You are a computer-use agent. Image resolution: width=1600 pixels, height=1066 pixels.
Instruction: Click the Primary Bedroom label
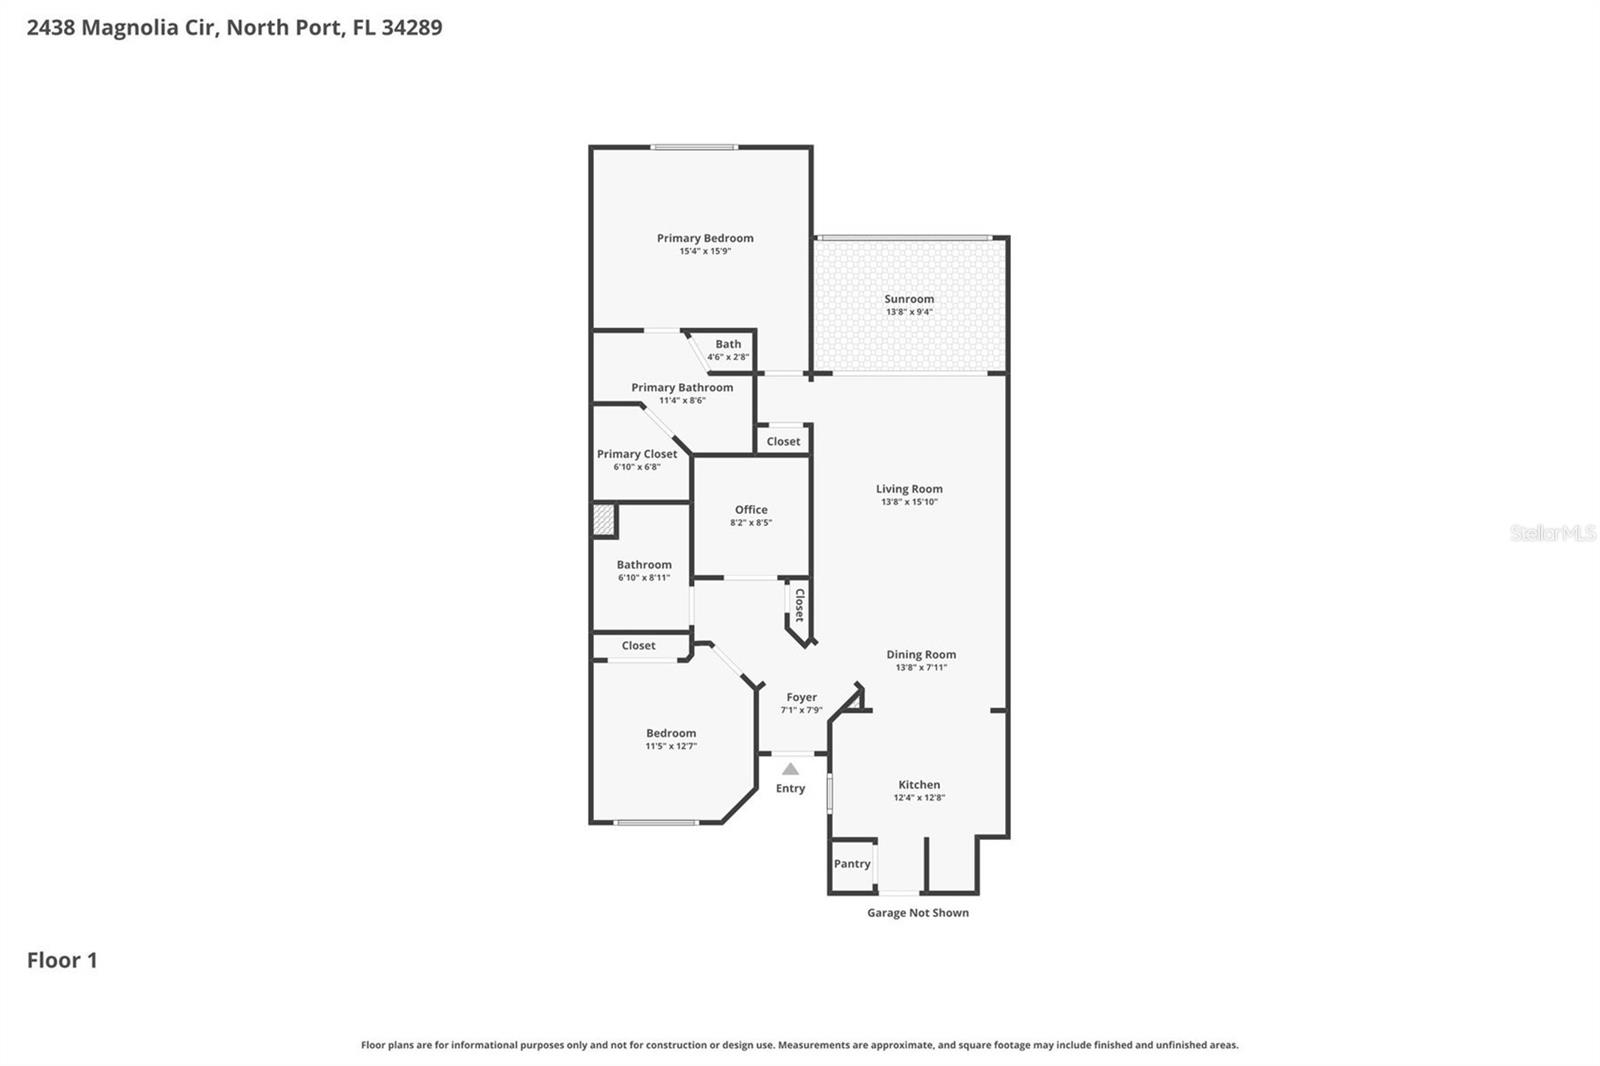[x=705, y=238]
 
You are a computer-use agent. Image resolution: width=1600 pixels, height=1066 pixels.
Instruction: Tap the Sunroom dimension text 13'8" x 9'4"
[x=909, y=312]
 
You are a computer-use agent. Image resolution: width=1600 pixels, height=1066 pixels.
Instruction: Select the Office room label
[x=751, y=510]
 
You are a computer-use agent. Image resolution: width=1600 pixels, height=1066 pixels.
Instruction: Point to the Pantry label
[x=852, y=864]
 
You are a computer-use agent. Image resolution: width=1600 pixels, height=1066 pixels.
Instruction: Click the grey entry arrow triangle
[x=790, y=769]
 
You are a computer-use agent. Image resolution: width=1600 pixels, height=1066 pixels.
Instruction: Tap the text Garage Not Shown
[x=917, y=913]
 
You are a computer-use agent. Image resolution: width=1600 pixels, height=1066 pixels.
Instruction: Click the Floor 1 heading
[x=62, y=960]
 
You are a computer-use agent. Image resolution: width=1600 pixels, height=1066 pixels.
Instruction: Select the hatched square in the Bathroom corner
[x=602, y=520]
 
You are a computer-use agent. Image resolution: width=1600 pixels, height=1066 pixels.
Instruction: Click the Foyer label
[x=801, y=697]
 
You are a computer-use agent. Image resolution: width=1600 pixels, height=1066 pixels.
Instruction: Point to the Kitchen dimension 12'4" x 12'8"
[x=919, y=798]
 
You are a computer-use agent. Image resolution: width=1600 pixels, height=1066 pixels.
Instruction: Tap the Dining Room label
[x=921, y=655]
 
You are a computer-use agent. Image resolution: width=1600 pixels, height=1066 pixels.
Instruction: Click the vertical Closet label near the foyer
[x=799, y=605]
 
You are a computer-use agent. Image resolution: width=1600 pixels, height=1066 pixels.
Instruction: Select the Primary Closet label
[x=637, y=454]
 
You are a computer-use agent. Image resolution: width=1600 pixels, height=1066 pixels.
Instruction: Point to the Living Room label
[x=909, y=489]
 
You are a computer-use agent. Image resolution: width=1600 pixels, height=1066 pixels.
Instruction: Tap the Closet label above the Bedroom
[x=638, y=646]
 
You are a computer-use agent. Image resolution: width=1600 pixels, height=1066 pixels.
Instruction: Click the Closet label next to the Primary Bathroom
[x=783, y=441]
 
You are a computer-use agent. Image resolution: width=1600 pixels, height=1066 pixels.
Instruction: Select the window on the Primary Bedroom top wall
[x=694, y=147]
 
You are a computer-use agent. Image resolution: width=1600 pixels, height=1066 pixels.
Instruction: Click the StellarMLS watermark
[x=1552, y=533]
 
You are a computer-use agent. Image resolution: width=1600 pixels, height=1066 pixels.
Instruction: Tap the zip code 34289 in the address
[x=411, y=27]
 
